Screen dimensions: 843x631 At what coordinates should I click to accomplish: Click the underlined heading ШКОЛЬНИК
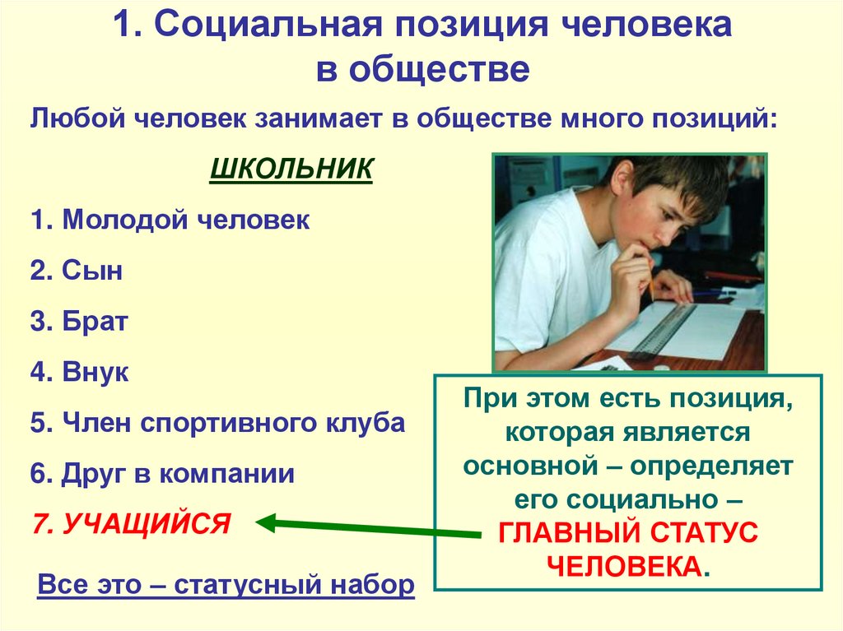291,169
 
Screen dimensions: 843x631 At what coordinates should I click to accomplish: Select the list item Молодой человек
186,220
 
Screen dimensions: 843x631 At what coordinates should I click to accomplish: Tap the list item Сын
92,270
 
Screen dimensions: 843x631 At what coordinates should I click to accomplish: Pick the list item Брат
95,321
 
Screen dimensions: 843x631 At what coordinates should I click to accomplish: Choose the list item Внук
95,371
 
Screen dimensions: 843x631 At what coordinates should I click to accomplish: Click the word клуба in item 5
366,423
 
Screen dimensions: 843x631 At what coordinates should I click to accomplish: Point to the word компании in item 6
227,474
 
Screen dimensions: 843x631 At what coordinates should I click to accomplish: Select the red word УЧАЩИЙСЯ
147,523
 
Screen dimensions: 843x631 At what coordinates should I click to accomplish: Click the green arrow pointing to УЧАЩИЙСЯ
368,527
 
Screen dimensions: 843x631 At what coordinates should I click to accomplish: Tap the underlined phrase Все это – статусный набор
226,584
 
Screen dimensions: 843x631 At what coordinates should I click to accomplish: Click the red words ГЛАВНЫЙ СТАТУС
628,532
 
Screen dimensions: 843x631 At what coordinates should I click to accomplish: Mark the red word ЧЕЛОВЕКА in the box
624,566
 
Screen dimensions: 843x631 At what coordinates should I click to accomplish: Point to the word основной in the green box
530,466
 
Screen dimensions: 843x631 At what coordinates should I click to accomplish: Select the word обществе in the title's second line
440,69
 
